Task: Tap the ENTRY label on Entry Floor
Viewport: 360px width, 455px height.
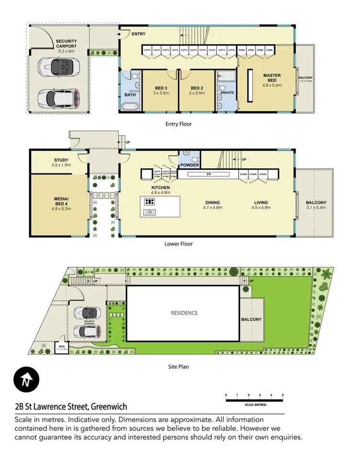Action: point(138,34)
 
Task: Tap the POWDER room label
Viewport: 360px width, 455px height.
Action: point(189,166)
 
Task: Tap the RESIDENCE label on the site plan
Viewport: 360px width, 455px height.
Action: point(184,313)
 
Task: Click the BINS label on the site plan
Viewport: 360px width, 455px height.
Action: point(61,346)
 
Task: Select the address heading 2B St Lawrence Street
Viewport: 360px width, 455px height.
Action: point(71,407)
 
